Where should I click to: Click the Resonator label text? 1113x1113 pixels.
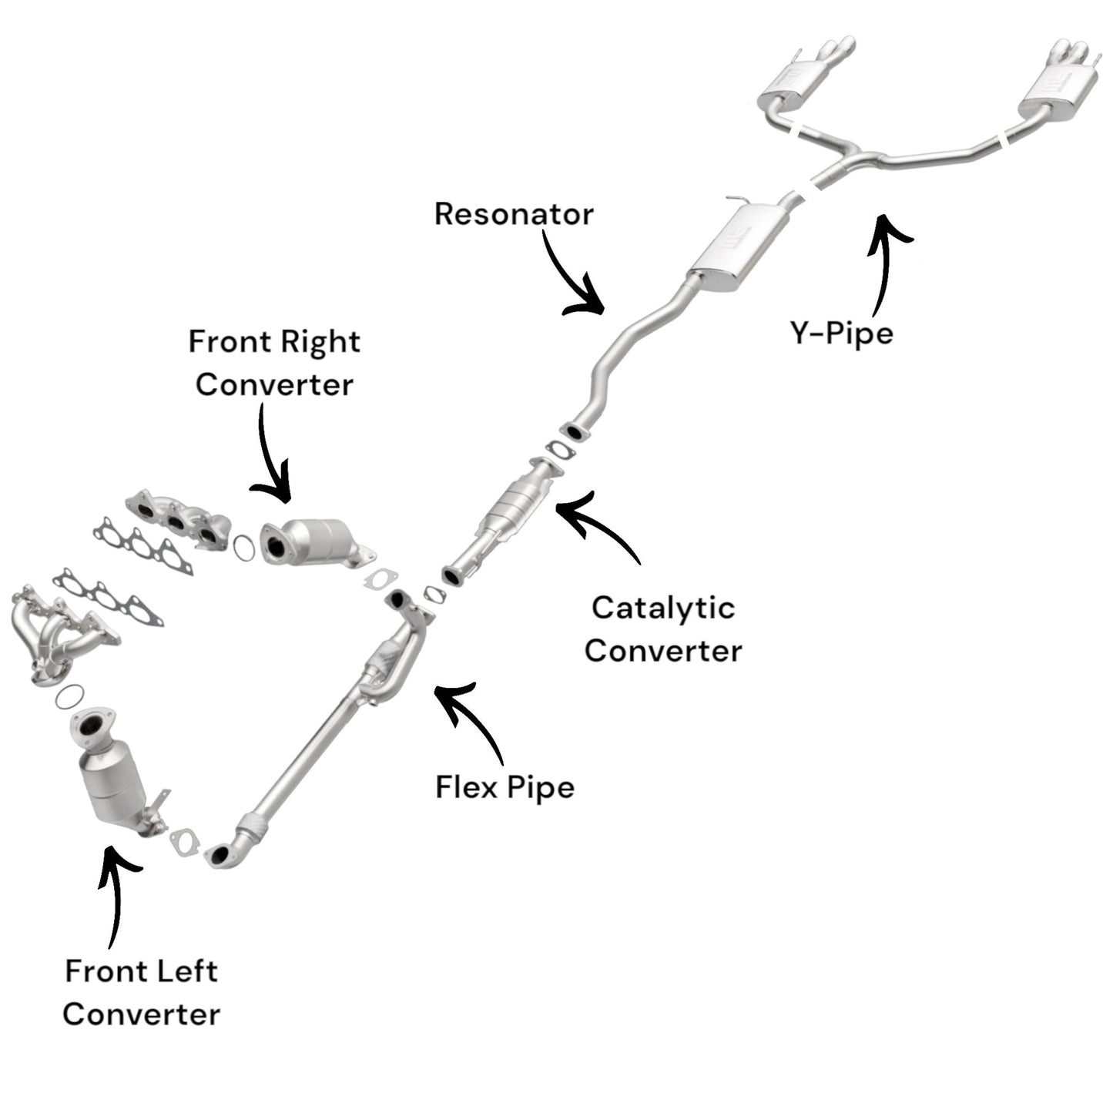tap(514, 214)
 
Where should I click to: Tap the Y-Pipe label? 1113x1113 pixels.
tap(842, 334)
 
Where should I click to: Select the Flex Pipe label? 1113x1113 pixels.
tap(505, 787)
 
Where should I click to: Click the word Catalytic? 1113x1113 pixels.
tap(663, 608)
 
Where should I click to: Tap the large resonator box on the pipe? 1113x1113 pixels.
tap(739, 246)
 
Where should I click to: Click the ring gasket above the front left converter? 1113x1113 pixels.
tap(70, 697)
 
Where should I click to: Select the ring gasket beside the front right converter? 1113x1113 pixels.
tap(243, 548)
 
